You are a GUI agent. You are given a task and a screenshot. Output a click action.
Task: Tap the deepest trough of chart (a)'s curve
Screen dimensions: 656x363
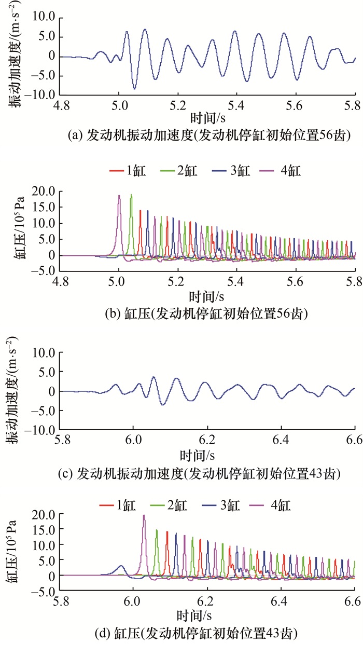tap(134, 89)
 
